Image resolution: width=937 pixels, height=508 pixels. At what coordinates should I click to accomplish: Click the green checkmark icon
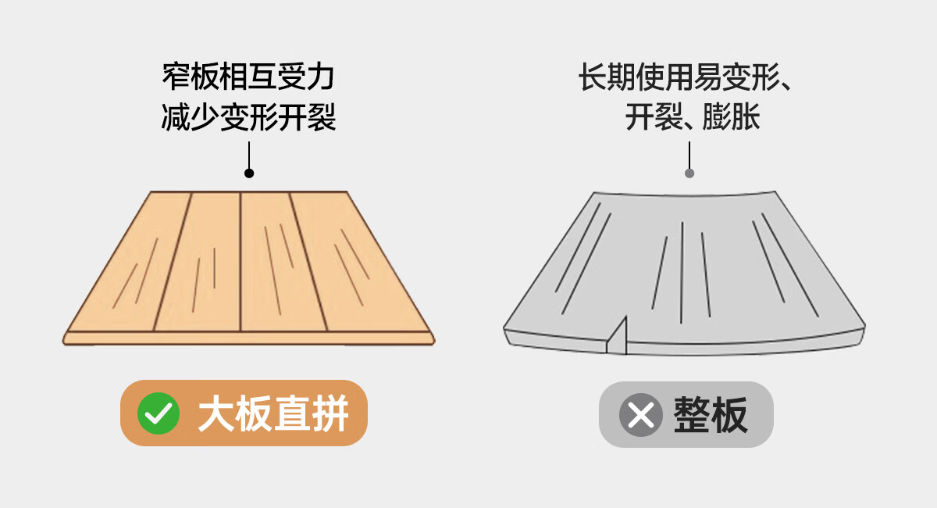[159, 413]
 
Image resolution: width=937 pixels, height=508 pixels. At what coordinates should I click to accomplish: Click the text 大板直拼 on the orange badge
[273, 413]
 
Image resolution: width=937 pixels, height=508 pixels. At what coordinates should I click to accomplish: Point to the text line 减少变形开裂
[248, 118]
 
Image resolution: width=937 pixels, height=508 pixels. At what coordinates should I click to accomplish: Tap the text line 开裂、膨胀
[692, 118]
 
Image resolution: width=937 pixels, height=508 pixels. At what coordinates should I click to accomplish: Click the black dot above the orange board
[249, 173]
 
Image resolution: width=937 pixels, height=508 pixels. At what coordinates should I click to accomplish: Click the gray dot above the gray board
[689, 173]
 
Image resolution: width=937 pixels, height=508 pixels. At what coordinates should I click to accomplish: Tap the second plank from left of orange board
[199, 266]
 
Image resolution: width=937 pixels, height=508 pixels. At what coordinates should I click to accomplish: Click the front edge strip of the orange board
[248, 338]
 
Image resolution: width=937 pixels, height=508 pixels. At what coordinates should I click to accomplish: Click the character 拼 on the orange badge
[330, 413]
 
